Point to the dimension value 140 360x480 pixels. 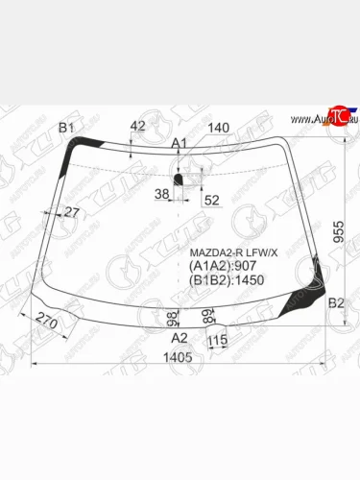(219, 128)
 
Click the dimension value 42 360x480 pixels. (137, 126)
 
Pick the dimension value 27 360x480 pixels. (71, 212)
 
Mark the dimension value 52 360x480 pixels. (211, 200)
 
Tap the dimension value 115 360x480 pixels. (217, 340)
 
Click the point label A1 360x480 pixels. (180, 143)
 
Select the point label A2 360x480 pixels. (179, 338)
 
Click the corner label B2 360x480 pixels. (336, 303)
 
